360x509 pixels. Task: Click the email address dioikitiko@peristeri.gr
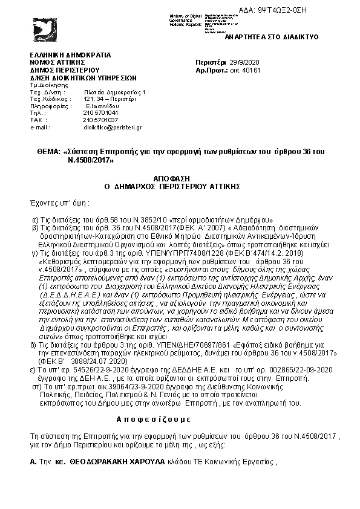coord(113,128)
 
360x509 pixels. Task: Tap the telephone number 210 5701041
coord(100,113)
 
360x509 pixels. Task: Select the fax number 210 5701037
coord(100,120)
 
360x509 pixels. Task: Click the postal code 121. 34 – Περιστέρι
coord(110,99)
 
